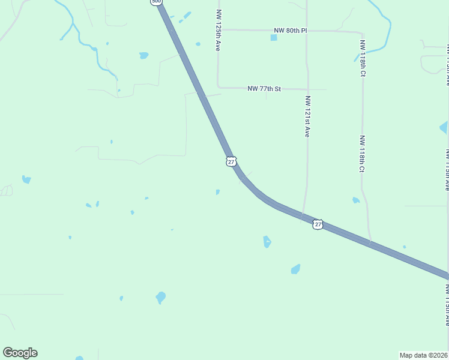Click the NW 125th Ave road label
[x=217, y=29]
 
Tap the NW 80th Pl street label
[x=290, y=30]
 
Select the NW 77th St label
[x=264, y=89]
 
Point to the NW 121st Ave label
[x=307, y=116]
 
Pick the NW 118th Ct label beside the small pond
[x=362, y=154]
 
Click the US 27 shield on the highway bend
[x=232, y=161]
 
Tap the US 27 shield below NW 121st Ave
[x=318, y=224]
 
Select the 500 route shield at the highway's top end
[x=156, y=2]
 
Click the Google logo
[x=20, y=353]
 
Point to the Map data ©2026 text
[x=424, y=355]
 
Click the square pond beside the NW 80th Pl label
[x=274, y=38]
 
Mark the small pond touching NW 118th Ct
[x=356, y=200]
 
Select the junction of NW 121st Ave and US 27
[x=302, y=216]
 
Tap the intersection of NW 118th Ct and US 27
[x=370, y=242]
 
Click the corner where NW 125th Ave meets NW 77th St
[x=217, y=88]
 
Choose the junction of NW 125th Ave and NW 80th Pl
[x=217, y=29]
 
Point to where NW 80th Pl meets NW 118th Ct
[x=363, y=34]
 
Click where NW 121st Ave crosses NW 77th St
[x=307, y=89]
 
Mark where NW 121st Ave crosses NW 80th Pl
[x=307, y=30]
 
